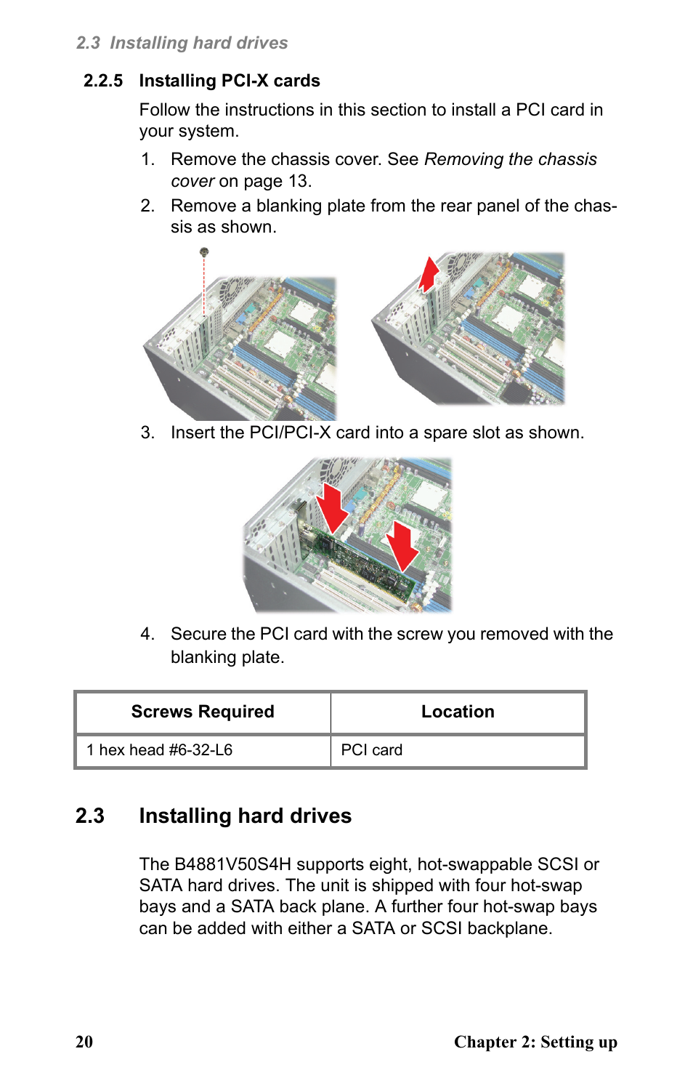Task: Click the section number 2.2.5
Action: tap(103, 81)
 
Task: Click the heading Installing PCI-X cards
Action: tap(230, 81)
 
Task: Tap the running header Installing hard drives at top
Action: tap(198, 43)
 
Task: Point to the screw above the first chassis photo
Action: tap(204, 252)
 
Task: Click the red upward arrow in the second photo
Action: tap(429, 274)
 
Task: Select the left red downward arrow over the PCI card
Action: tap(333, 507)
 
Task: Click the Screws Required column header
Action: tap(203, 712)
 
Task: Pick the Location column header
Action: tap(458, 712)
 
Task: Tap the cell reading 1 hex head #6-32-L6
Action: tap(159, 750)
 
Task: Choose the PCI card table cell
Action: tap(372, 750)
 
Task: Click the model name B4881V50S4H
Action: tap(232, 864)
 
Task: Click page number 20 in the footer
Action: tap(84, 1042)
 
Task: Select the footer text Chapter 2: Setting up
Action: tap(535, 1042)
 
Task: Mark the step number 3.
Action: tap(147, 433)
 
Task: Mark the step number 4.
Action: tap(147, 634)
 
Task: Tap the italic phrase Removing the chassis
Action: tap(511, 159)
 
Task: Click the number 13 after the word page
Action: tap(298, 181)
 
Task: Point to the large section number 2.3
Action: tap(90, 816)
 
